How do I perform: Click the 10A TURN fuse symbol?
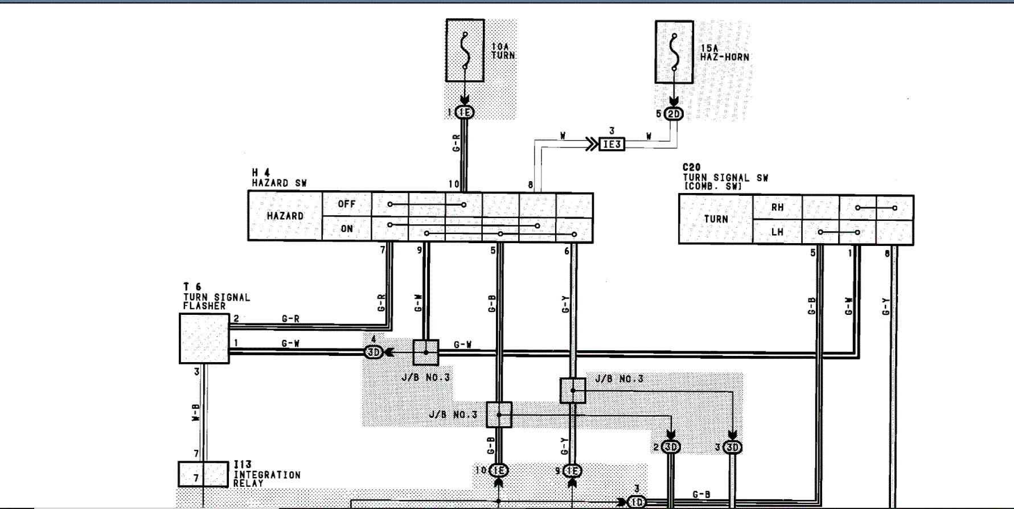click(465, 51)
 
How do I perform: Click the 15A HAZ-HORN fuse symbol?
click(674, 52)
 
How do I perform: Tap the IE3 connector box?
click(611, 145)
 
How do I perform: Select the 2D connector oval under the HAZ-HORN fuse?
click(674, 114)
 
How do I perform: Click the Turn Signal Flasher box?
click(204, 339)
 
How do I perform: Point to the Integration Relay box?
click(203, 474)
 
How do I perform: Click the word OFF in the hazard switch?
click(346, 204)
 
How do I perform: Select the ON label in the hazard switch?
click(346, 229)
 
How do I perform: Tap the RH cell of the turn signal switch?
click(777, 208)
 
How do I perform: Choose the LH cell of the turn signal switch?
click(777, 232)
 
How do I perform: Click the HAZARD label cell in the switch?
click(285, 216)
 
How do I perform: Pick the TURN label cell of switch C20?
click(716, 219)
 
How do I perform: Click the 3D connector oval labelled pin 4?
click(373, 352)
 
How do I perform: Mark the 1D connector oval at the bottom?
click(637, 502)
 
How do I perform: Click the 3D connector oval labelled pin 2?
click(671, 447)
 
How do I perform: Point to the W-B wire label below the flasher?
click(196, 413)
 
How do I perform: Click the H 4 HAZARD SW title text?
click(279, 178)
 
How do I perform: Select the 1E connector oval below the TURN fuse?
click(465, 113)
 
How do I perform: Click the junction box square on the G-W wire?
click(425, 352)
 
